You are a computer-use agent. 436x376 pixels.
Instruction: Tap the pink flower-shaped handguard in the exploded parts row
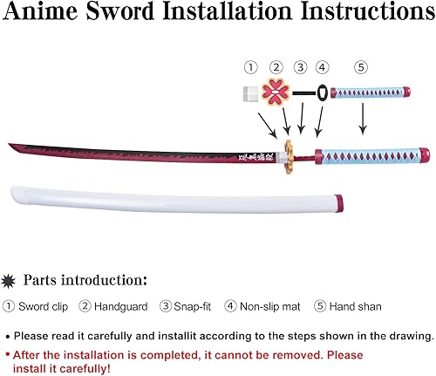pyautogui.click(x=277, y=92)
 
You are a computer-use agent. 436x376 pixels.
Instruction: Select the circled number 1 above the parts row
pyautogui.click(x=250, y=66)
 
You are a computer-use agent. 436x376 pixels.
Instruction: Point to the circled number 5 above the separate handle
pyautogui.click(x=361, y=66)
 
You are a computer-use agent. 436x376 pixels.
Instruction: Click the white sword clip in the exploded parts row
pyautogui.click(x=250, y=92)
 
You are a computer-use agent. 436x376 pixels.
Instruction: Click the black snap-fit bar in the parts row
pyautogui.click(x=303, y=92)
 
